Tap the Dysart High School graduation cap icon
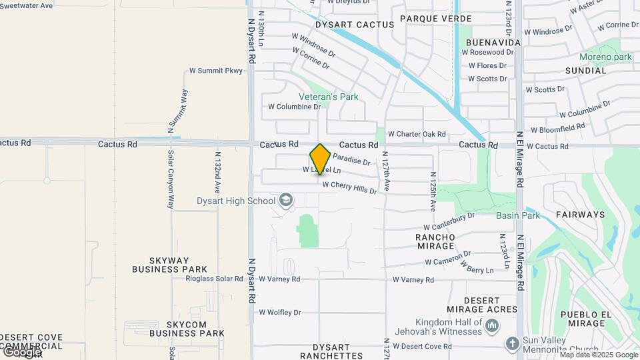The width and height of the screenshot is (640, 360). (286, 200)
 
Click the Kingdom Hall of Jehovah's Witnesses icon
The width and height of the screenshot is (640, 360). (493, 326)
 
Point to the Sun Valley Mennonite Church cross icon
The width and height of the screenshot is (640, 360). (512, 343)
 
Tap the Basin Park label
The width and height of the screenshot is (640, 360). (518, 215)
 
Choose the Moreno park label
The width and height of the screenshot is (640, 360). (605, 57)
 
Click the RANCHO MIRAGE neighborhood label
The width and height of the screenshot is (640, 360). (435, 241)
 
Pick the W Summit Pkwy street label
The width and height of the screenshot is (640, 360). (216, 70)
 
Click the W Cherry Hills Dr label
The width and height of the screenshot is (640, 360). (349, 187)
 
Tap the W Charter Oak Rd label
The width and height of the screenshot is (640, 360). (417, 134)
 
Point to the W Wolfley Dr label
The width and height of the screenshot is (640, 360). (280, 312)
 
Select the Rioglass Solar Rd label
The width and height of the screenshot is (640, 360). (214, 279)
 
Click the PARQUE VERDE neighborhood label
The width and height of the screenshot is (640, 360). (436, 19)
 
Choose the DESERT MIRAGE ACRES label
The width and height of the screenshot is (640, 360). (482, 305)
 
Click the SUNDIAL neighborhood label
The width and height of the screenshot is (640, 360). (586, 71)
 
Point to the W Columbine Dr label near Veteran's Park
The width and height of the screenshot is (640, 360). (294, 107)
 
